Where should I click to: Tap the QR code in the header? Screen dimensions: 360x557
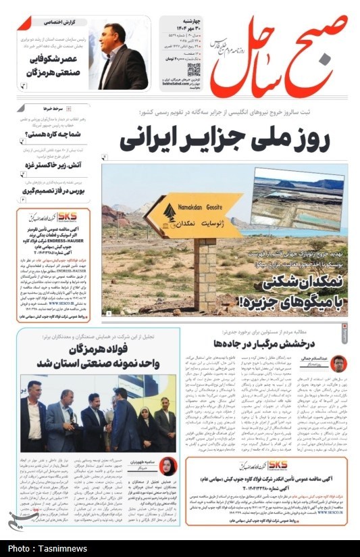click(x=195, y=69)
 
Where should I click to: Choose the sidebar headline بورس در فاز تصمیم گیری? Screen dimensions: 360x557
click(x=57, y=191)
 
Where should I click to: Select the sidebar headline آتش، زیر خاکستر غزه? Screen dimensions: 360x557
click(x=57, y=164)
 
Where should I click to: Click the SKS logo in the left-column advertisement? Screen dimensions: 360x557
click(x=68, y=216)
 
